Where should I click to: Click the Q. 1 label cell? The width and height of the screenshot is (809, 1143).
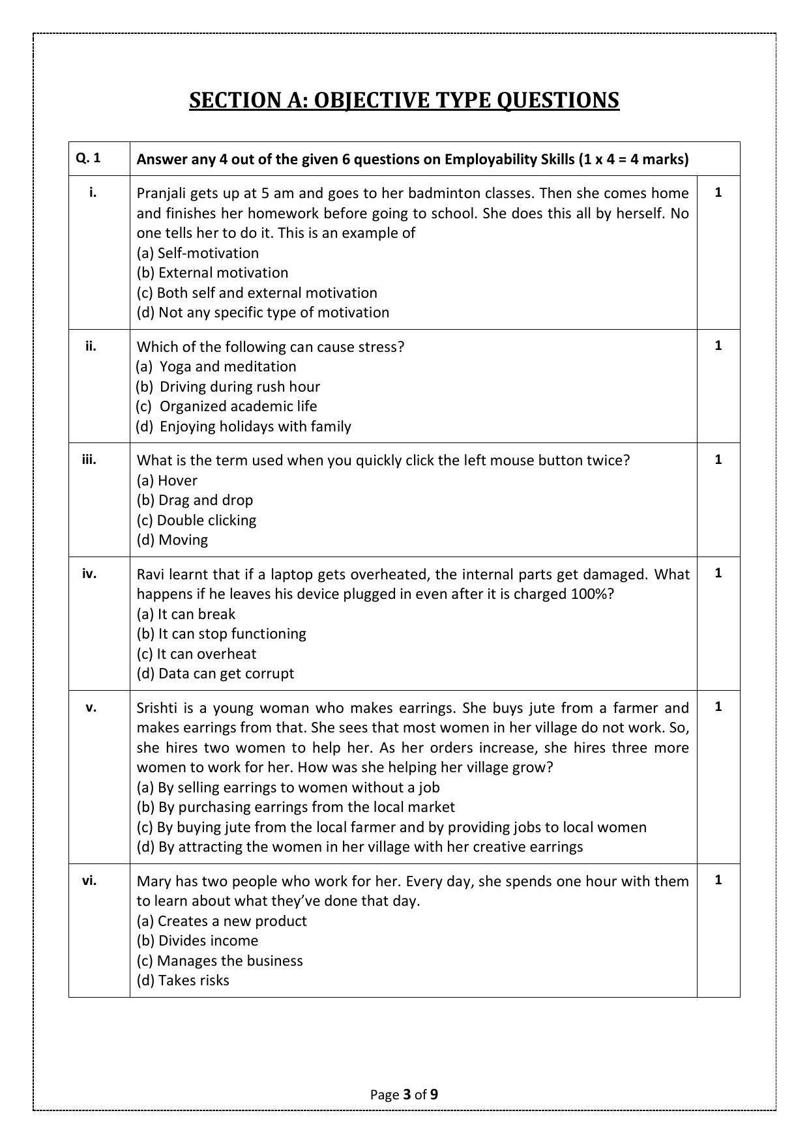click(88, 158)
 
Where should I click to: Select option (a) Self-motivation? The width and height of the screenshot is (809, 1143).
click(198, 253)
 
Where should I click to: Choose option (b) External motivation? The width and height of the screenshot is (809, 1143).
click(212, 272)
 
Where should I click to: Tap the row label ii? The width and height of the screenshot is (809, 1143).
click(90, 346)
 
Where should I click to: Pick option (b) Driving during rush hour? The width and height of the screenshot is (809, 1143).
click(228, 386)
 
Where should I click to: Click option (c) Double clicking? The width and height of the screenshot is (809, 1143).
click(196, 520)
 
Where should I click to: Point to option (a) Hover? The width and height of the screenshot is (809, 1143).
click(167, 480)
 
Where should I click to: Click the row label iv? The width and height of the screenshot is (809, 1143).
click(89, 573)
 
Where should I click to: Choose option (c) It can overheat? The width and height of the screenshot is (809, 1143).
click(196, 654)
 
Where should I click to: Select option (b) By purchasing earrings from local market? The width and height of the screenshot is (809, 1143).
click(295, 807)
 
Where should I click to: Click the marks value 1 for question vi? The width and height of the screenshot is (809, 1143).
click(718, 880)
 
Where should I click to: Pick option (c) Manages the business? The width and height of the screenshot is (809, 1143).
click(220, 961)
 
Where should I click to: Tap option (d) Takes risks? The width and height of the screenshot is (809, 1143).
click(183, 980)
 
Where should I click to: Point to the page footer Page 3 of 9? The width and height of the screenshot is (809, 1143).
click(404, 1094)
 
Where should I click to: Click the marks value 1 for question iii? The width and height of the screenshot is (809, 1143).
click(718, 459)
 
